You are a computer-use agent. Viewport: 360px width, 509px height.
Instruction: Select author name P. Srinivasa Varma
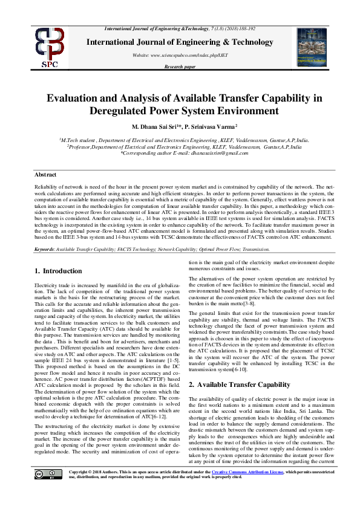[x=209, y=128]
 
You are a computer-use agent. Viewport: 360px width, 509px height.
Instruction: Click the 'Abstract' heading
[x=47, y=175]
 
